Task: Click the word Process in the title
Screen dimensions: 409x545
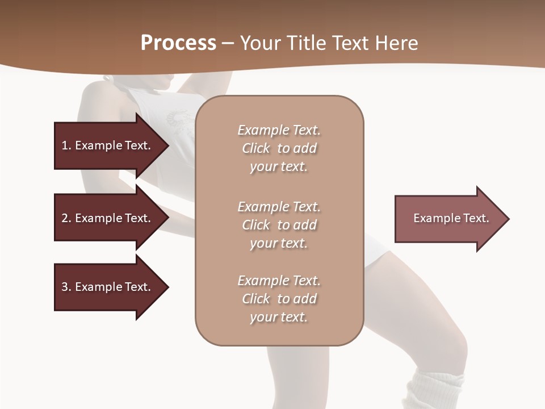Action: (x=178, y=43)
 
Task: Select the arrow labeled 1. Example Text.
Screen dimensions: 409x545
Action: (x=108, y=145)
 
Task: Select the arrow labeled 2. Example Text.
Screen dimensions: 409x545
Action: (x=108, y=218)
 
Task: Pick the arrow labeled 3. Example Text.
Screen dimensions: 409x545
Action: (x=108, y=287)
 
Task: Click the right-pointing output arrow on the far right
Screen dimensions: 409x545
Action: (x=448, y=219)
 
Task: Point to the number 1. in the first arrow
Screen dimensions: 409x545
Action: (x=66, y=145)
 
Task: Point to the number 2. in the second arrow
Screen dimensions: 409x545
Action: (x=66, y=218)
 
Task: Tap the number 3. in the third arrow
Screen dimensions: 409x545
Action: (x=66, y=287)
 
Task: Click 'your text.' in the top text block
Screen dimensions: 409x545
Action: (x=279, y=167)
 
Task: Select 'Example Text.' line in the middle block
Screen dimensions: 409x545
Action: (x=279, y=207)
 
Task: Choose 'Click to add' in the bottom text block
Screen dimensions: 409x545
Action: (x=279, y=299)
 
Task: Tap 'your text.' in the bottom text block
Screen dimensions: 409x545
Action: (x=279, y=317)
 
